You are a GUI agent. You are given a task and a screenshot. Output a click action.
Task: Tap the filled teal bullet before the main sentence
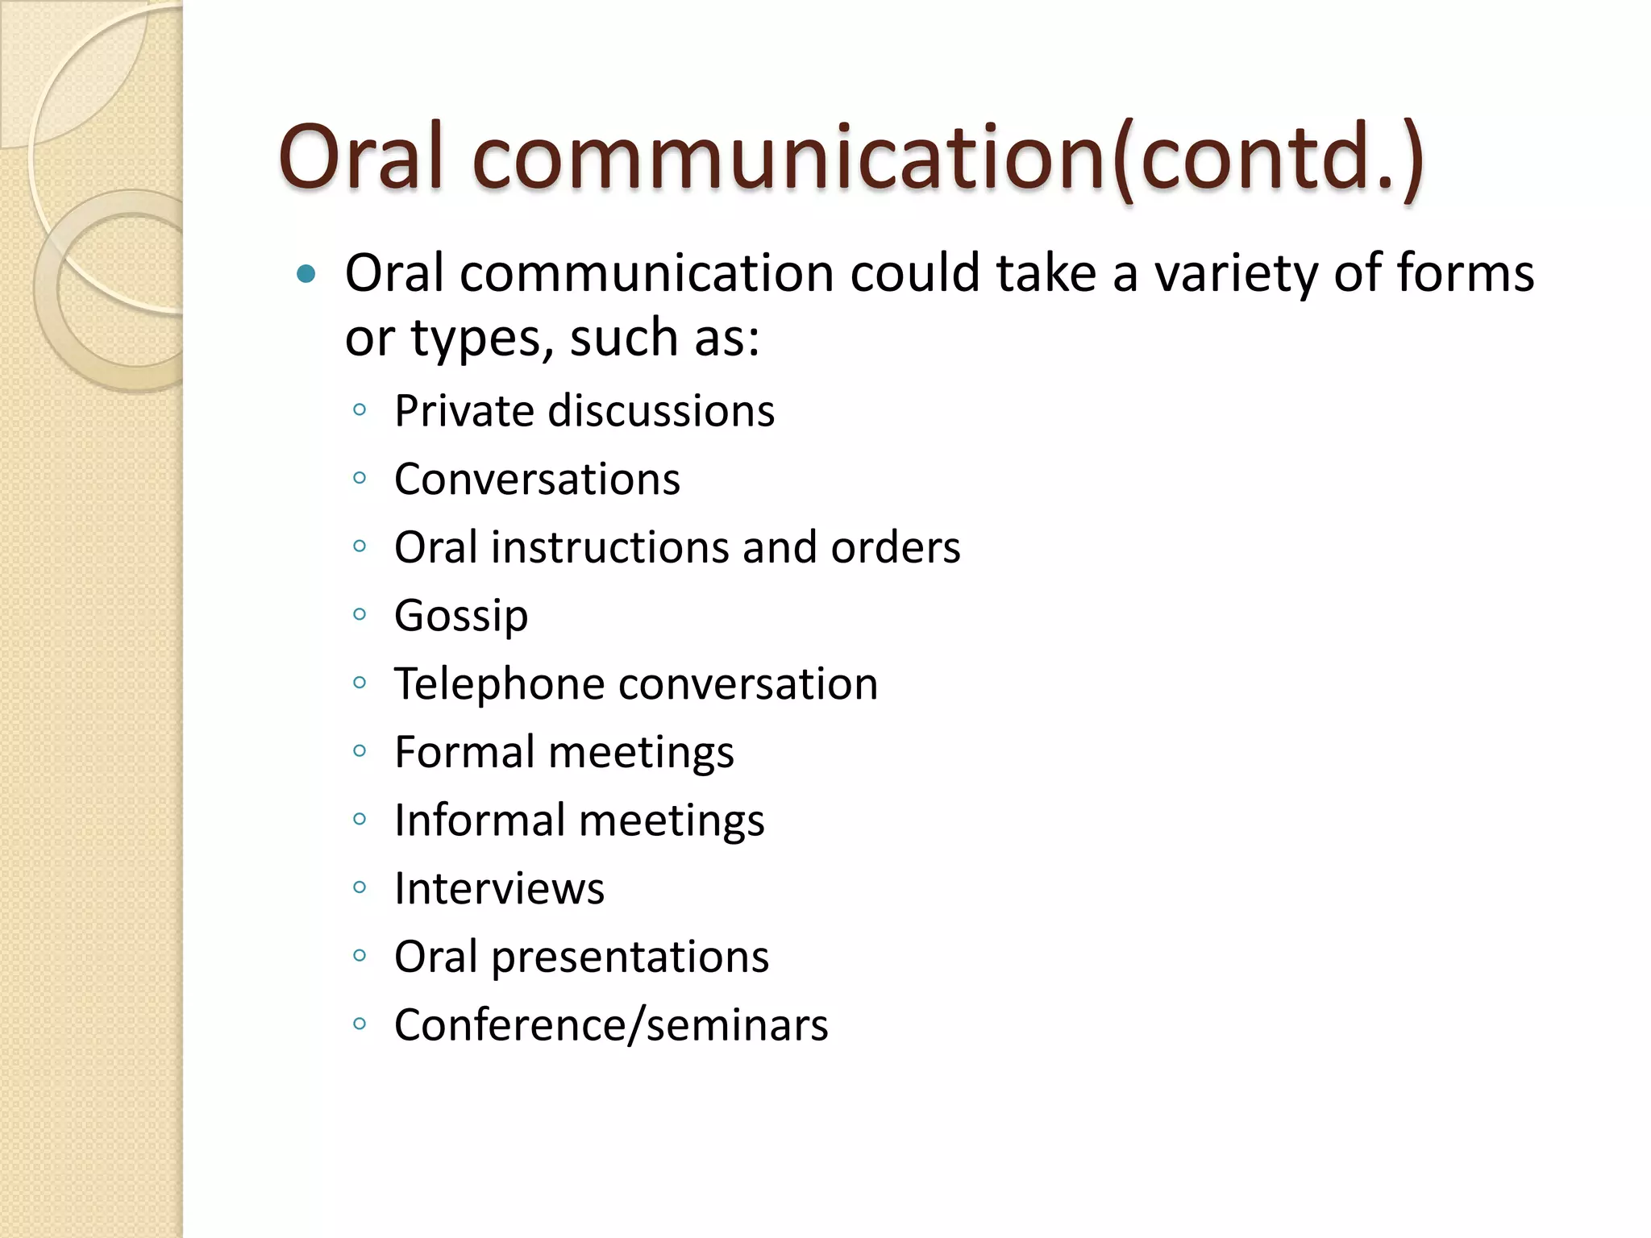click(306, 275)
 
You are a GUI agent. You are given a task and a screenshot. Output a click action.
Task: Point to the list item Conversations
click(537, 480)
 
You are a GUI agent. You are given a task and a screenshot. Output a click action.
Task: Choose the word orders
click(896, 547)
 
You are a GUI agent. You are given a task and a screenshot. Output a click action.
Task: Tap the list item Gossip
click(461, 617)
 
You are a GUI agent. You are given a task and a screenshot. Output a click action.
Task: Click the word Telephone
click(499, 684)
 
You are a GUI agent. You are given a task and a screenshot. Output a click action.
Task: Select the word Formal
click(464, 752)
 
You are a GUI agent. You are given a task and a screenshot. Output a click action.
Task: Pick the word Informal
click(480, 820)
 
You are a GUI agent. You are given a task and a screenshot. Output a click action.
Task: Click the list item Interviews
click(499, 888)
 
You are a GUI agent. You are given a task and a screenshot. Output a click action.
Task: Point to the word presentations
click(630, 958)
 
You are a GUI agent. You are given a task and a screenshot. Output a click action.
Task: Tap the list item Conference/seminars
click(611, 1025)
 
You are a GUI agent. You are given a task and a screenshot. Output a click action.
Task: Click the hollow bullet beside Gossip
click(360, 615)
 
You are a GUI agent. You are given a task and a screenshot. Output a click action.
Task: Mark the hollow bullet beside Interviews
click(360, 887)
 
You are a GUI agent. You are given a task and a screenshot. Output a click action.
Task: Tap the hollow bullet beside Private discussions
click(360, 410)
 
